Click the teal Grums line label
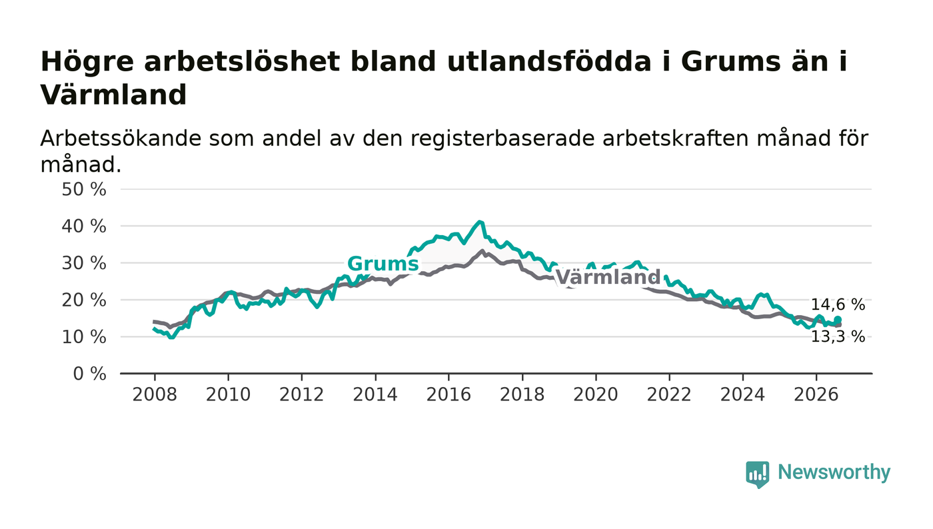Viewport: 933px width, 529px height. pos(383,264)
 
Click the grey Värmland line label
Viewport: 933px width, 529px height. pos(608,277)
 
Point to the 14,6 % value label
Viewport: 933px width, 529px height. pos(838,305)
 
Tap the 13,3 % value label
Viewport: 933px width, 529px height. pos(838,336)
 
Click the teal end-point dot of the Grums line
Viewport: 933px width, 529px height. pos(838,320)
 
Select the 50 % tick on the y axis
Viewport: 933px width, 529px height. pos(84,189)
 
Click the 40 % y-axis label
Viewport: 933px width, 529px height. pos(84,227)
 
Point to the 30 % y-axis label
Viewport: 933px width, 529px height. pos(84,263)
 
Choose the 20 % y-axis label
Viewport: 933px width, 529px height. pos(84,300)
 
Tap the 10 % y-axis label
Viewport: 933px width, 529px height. pos(84,337)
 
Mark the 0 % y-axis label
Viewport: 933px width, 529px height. pos(89,374)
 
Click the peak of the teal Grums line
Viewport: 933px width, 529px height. pos(480,222)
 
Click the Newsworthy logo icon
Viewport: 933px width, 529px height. pos(757,474)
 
